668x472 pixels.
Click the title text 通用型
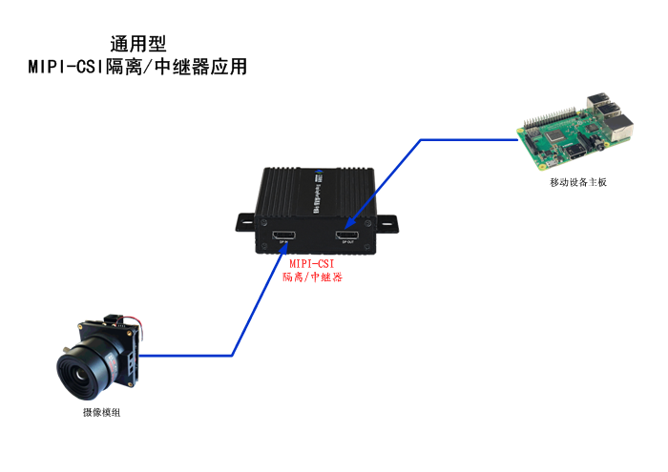(138, 44)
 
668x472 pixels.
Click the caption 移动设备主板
(577, 181)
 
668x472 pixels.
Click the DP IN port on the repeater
(283, 235)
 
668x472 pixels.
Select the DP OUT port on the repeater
(346, 235)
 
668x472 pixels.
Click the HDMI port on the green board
(576, 153)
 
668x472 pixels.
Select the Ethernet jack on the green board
(622, 129)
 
